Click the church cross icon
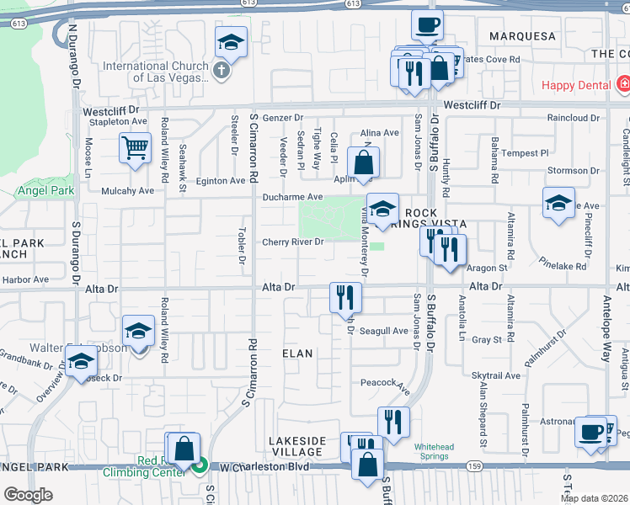(x=222, y=70)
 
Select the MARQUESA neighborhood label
(x=522, y=36)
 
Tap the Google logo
(x=28, y=495)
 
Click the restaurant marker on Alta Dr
(x=345, y=296)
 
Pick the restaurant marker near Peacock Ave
(x=393, y=422)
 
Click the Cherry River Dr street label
(x=292, y=242)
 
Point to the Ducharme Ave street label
(x=292, y=197)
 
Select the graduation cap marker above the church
(x=231, y=41)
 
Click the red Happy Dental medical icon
(x=623, y=84)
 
